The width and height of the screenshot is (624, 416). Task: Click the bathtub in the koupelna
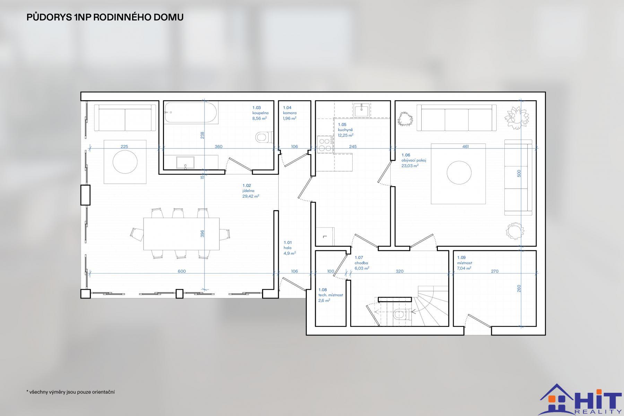(191, 112)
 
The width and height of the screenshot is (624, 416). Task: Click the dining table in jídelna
(182, 234)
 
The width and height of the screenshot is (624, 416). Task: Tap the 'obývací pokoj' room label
(414, 161)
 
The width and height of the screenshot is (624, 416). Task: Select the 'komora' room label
(290, 113)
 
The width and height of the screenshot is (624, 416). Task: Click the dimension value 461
(466, 146)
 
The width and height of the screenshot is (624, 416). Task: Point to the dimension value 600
(182, 271)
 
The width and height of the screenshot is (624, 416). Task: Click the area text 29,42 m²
(251, 196)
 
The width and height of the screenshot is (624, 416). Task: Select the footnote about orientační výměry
(70, 392)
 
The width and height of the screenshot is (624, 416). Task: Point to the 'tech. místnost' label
(331, 295)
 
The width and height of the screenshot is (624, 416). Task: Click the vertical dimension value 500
(519, 173)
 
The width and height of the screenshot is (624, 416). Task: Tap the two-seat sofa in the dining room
(125, 118)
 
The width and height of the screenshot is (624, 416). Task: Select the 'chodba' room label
(361, 263)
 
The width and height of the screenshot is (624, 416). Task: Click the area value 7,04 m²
(464, 268)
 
